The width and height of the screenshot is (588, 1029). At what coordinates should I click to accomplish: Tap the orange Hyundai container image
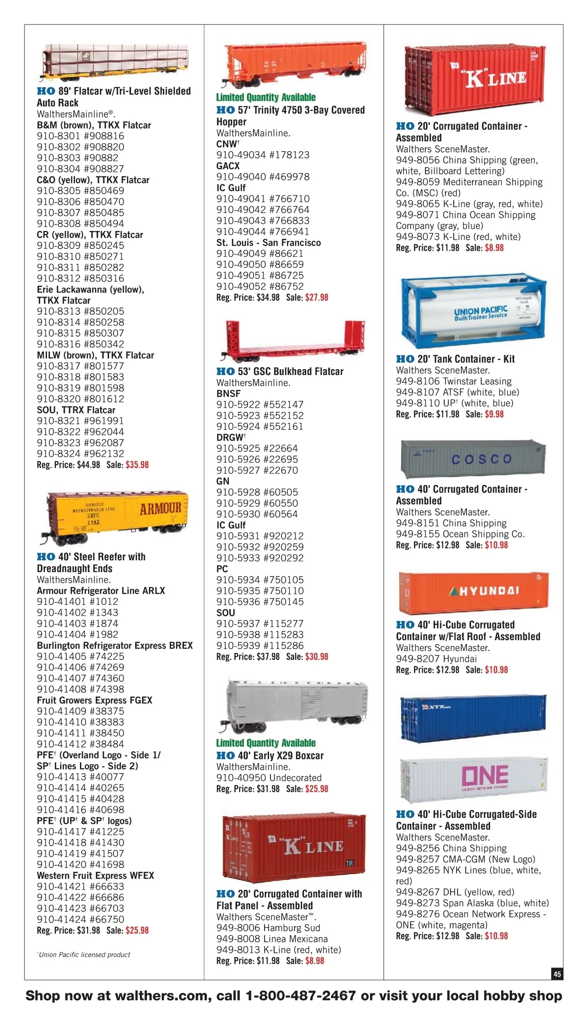tap(473, 592)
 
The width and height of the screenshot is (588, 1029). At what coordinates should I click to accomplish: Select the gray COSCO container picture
tap(473, 458)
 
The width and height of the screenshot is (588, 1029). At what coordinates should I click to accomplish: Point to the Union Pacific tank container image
tap(473, 312)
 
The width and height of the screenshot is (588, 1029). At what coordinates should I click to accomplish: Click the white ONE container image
tap(473, 776)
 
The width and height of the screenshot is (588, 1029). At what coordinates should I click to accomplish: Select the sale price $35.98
tap(137, 465)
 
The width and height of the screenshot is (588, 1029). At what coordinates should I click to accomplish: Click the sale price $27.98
tap(317, 298)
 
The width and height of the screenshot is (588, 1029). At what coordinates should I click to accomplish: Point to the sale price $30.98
tap(317, 657)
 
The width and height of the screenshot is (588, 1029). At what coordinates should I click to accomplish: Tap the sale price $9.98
tap(494, 414)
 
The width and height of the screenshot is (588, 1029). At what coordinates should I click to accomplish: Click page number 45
tap(557, 974)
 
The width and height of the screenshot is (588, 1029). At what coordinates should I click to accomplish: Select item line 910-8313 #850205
tap(80, 311)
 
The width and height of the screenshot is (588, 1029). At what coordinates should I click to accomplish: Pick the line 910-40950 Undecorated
tap(269, 778)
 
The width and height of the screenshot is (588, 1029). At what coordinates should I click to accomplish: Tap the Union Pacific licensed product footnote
tap(84, 954)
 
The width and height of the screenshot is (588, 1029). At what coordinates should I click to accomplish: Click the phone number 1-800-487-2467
tap(300, 996)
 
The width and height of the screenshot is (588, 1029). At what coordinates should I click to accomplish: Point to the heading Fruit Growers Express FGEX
tap(95, 700)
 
